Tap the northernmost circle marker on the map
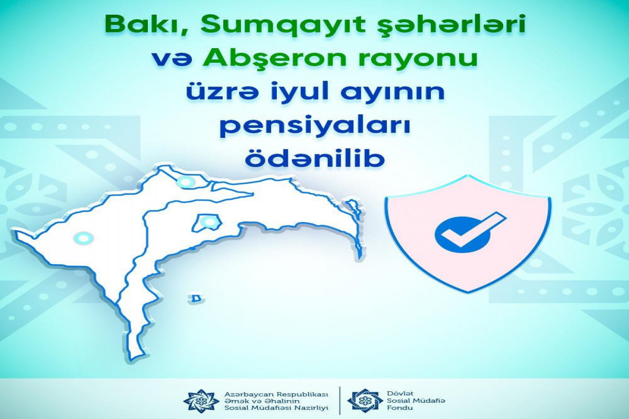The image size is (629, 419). (186, 183)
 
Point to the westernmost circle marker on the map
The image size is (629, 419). (83, 238)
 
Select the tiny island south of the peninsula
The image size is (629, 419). (196, 299)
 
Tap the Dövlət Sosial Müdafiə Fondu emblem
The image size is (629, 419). (365, 400)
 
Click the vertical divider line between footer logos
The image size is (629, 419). (340, 400)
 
